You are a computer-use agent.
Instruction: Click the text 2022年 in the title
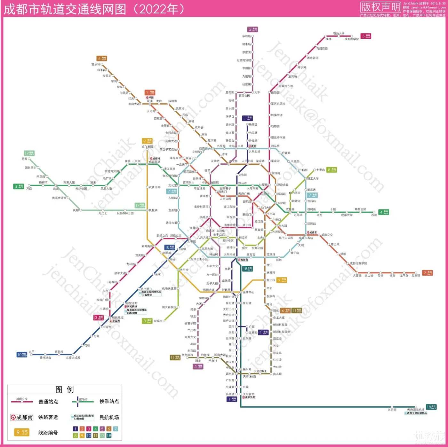pos(159,9)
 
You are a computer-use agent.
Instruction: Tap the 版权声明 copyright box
pos(380,7)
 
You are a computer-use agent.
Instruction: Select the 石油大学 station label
pos(339,33)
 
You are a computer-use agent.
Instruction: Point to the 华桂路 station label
pos(246,36)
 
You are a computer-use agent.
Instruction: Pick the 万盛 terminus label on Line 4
pos(29,189)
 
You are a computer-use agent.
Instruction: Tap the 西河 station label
pos(374,215)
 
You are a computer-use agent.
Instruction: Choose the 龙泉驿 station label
pos(416,276)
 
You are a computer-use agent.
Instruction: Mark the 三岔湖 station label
pos(392,410)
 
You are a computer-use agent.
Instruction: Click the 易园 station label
pos(24,159)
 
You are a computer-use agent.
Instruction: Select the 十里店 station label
pos(320,170)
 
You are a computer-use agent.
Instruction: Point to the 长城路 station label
pos(158,321)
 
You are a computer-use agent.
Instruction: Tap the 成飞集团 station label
pos(147,147)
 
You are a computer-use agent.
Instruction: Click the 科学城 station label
pos(230,394)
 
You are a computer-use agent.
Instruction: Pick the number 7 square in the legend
pos(116,429)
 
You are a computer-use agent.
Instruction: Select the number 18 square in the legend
pos(109,435)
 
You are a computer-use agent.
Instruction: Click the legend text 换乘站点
pos(109,401)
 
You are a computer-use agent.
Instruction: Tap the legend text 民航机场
pos(109,417)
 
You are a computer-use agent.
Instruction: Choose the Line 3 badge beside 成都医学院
pos(366,36)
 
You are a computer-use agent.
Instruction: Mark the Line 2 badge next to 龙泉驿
pos(428,273)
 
